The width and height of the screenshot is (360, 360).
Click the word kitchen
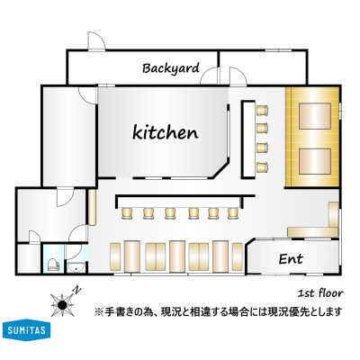point(166,132)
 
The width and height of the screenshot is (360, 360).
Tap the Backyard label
point(171,68)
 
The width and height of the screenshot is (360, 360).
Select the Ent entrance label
point(291,258)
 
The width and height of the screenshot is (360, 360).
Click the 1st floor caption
point(320,293)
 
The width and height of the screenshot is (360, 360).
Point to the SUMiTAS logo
point(26,330)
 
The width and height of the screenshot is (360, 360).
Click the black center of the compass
point(62,305)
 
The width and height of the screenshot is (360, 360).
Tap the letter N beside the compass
point(77,290)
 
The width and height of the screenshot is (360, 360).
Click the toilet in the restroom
point(53,264)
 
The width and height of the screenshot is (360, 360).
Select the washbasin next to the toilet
point(76,266)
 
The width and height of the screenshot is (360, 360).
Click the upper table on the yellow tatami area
point(315,116)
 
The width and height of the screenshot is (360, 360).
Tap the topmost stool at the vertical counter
point(262,111)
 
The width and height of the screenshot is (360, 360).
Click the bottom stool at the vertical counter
point(262,166)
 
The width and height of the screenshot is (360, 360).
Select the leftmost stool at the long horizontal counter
point(127,213)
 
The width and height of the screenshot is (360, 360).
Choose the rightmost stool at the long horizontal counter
point(233,213)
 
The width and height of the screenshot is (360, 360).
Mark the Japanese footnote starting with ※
point(218,311)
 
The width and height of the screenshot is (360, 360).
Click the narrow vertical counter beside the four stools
point(248,139)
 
